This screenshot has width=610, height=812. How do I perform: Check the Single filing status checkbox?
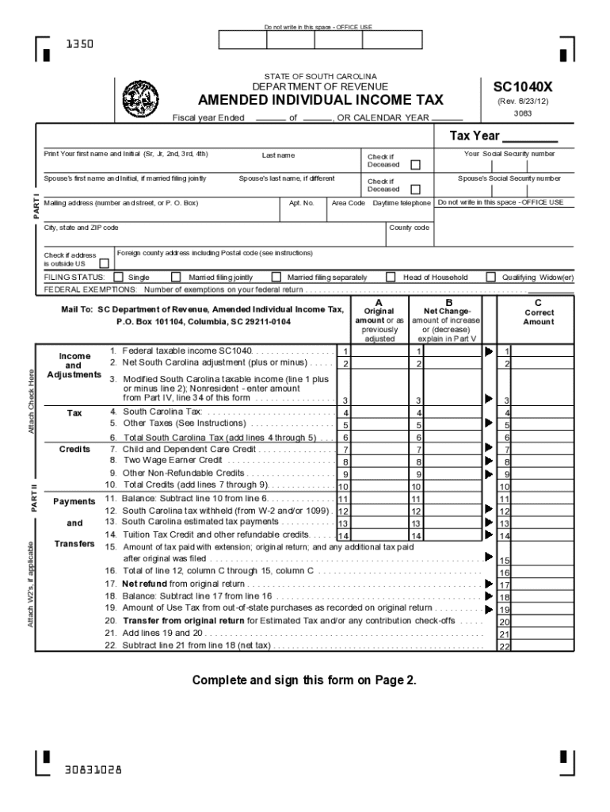click(x=118, y=278)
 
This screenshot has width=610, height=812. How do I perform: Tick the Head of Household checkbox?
click(x=391, y=278)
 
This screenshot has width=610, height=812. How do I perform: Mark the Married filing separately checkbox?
click(x=276, y=278)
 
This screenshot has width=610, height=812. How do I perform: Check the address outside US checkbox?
click(x=104, y=263)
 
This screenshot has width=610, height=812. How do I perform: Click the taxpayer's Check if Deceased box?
click(x=415, y=165)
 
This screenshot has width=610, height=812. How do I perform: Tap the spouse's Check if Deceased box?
click(x=415, y=190)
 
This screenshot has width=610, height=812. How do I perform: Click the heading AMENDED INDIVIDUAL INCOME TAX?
click(x=320, y=101)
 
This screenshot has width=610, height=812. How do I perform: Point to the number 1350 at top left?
click(x=79, y=44)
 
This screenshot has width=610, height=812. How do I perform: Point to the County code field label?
click(x=410, y=228)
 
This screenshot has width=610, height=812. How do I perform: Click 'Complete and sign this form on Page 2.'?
click(x=304, y=680)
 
